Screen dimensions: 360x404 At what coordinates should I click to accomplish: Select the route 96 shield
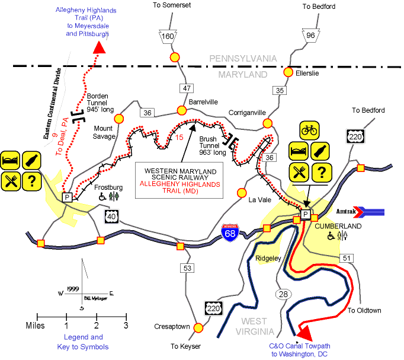pyautogui.click(x=310, y=35)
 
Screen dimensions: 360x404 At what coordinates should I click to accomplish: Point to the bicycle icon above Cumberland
pyautogui.click(x=309, y=129)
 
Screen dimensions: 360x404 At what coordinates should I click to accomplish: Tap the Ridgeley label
pyautogui.click(x=269, y=258)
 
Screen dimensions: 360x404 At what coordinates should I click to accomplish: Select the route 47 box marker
pyautogui.click(x=187, y=88)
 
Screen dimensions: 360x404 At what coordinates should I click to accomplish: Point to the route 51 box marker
pyautogui.click(x=347, y=257)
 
